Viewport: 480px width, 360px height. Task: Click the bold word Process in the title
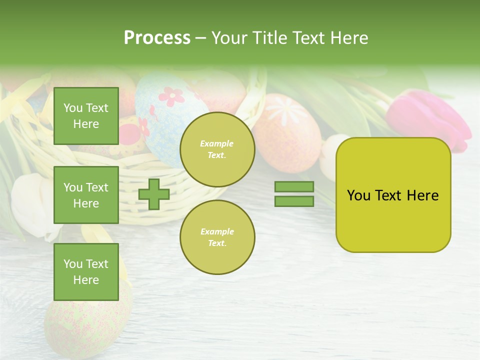[157, 38]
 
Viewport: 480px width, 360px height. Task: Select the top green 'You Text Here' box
[86, 116]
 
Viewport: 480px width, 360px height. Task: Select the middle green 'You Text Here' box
[86, 195]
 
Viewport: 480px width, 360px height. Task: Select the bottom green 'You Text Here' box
[86, 271]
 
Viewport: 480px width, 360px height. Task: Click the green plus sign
[154, 194]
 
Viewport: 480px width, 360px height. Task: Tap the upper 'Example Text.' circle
[217, 149]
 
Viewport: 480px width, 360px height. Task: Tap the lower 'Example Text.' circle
[217, 237]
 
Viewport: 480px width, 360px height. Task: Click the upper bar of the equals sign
[294, 187]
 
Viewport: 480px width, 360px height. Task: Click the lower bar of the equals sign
[294, 201]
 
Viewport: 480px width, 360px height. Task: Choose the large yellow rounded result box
[393, 195]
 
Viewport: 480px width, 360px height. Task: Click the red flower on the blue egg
[171, 96]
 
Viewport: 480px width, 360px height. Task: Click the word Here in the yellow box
[422, 195]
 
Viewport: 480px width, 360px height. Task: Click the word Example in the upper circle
[217, 143]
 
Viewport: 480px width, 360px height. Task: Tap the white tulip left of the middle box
[32, 205]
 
